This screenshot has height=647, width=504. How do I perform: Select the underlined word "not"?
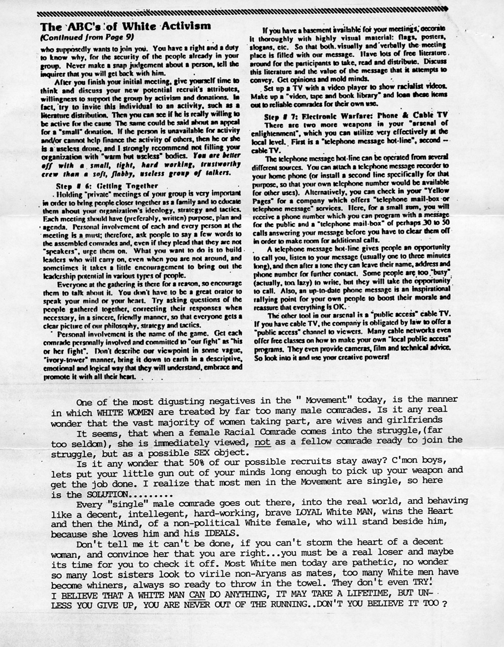(x=262, y=440)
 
